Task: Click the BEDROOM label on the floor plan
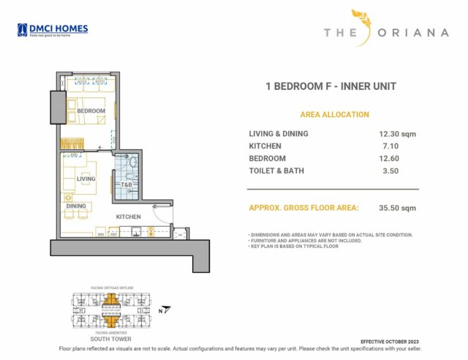(91, 111)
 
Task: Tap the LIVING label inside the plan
(86, 179)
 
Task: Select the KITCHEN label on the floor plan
(128, 217)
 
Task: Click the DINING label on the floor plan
(76, 206)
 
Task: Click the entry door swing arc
(161, 214)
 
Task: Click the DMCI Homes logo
(53, 29)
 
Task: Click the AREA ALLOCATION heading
(335, 115)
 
